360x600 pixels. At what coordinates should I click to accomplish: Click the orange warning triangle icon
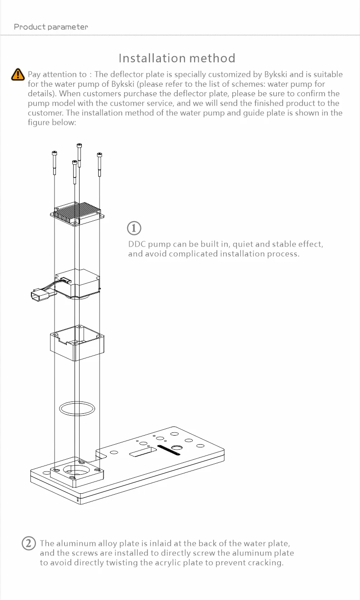click(18, 74)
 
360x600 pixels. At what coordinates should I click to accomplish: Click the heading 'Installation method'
click(177, 58)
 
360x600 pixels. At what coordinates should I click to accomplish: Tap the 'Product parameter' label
click(51, 27)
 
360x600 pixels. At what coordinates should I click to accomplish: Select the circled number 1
click(134, 228)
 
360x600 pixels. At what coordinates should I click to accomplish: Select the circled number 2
click(29, 543)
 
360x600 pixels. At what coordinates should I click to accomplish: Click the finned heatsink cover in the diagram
click(77, 214)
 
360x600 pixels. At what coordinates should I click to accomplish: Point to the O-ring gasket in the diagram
click(77, 408)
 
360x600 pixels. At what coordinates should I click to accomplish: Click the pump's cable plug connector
click(40, 295)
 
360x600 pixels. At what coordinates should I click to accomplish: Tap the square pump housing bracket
click(77, 343)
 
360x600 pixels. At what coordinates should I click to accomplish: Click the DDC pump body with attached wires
click(77, 284)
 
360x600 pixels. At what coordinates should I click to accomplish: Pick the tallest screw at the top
click(79, 155)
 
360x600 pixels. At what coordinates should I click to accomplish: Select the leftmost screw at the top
click(55, 163)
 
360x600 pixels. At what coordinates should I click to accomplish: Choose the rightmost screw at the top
click(100, 164)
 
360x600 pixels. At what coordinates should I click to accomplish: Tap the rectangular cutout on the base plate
click(143, 451)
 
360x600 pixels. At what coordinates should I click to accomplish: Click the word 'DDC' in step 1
click(137, 244)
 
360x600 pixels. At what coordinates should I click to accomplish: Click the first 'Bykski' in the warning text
click(275, 74)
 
